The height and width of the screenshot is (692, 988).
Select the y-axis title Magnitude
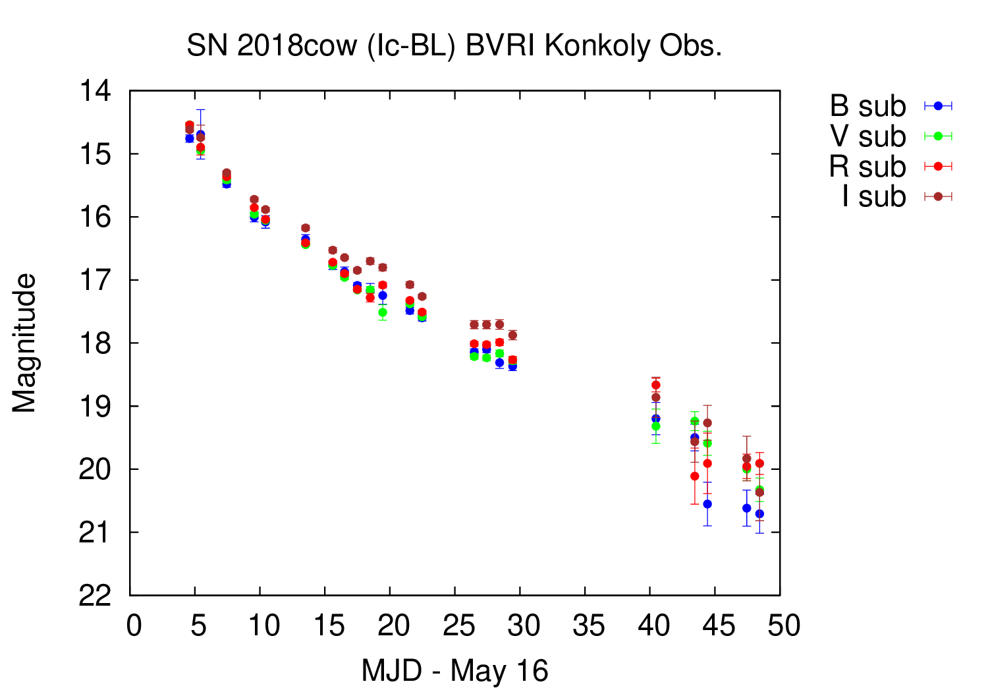(24, 343)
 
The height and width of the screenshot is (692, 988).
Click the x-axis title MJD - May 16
(454, 671)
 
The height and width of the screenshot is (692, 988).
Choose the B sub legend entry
(868, 106)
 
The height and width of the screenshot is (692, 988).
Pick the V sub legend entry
(868, 136)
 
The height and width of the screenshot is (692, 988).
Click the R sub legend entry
(868, 167)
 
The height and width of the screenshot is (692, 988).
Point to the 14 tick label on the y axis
(96, 91)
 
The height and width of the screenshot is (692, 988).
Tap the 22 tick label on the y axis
(96, 596)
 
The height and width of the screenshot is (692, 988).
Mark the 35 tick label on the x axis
(588, 625)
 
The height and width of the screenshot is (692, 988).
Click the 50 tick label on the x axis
(783, 625)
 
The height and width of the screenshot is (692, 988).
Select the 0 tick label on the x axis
(134, 625)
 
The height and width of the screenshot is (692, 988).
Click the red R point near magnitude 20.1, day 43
(694, 476)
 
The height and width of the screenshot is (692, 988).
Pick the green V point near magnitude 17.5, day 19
(383, 312)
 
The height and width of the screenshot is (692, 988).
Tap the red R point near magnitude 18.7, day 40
(655, 385)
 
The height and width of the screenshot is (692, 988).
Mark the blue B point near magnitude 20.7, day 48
(759, 513)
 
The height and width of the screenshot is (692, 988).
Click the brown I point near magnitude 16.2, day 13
(306, 228)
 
